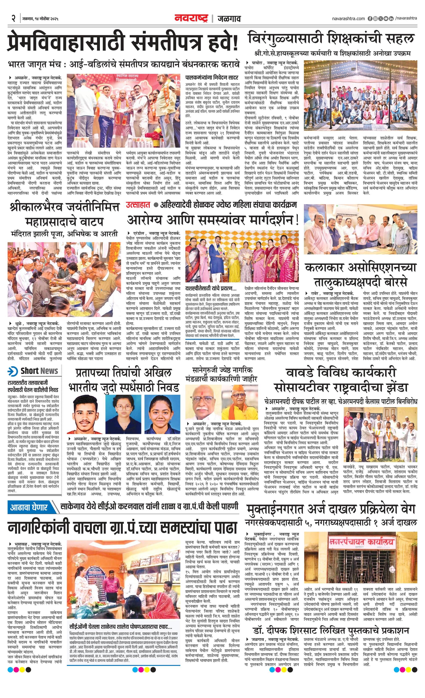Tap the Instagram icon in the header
375,19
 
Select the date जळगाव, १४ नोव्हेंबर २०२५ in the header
40,19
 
